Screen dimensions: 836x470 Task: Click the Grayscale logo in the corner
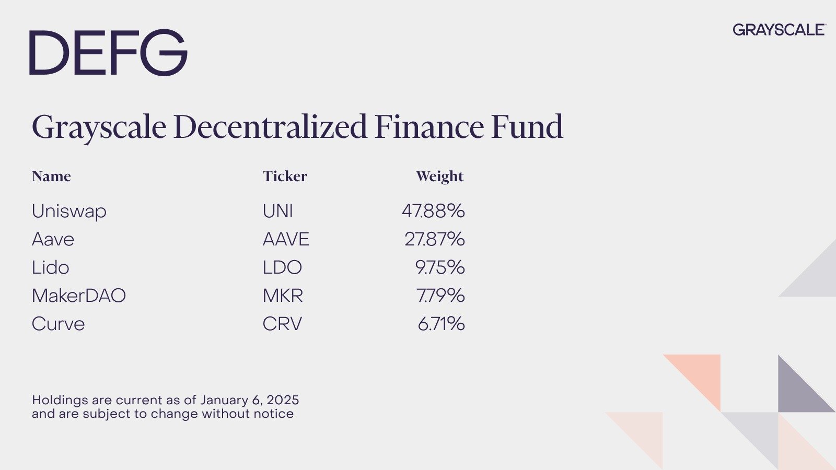[x=779, y=30]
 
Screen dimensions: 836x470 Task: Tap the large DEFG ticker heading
[x=108, y=53]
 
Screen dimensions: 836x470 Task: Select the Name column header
[x=51, y=176]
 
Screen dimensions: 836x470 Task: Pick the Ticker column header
[x=285, y=176]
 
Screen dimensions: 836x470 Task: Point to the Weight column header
[x=440, y=177]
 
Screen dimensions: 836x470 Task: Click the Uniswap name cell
[x=69, y=211]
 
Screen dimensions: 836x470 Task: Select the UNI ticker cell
[x=277, y=211]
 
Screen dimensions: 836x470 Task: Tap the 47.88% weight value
[x=433, y=211]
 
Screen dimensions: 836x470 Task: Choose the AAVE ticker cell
[x=286, y=239]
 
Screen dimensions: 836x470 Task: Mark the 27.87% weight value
[x=435, y=239]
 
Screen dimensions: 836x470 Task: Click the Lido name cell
[x=50, y=267]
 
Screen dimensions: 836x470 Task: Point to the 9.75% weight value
[x=440, y=267]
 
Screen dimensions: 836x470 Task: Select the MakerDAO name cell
[x=79, y=296]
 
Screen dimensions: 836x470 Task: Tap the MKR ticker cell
[x=283, y=296]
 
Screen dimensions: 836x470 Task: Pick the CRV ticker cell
[x=282, y=324]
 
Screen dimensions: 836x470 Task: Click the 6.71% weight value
[x=441, y=324]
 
